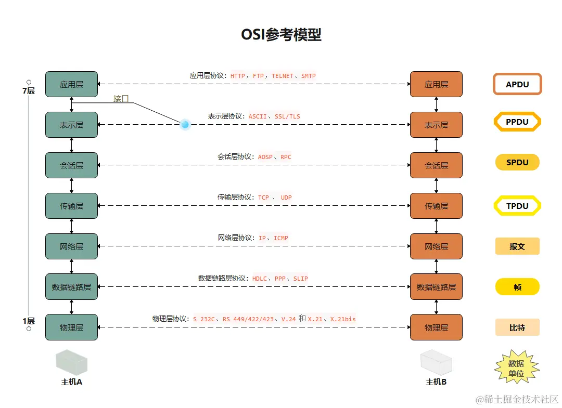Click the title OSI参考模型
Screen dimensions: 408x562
click(281, 34)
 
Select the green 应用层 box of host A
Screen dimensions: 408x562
click(71, 84)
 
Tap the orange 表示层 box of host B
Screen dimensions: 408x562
click(436, 125)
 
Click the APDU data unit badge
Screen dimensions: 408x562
click(517, 84)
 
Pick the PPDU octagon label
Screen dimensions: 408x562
click(517, 122)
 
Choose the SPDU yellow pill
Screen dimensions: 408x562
click(517, 163)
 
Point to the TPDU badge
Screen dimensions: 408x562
click(517, 206)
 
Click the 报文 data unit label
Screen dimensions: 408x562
click(517, 246)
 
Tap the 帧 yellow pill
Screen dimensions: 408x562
click(517, 287)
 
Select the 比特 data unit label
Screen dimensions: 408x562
click(517, 327)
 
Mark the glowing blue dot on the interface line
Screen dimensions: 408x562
click(185, 124)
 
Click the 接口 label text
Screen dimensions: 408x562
click(121, 98)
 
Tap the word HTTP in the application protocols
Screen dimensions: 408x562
click(238, 76)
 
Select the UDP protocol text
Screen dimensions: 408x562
click(287, 198)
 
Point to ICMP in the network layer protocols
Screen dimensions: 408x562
click(281, 238)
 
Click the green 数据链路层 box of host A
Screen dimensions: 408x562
click(71, 287)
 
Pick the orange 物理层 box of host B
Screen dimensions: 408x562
click(436, 327)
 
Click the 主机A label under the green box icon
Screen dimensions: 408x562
click(72, 382)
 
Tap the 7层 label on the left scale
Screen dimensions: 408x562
click(28, 91)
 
